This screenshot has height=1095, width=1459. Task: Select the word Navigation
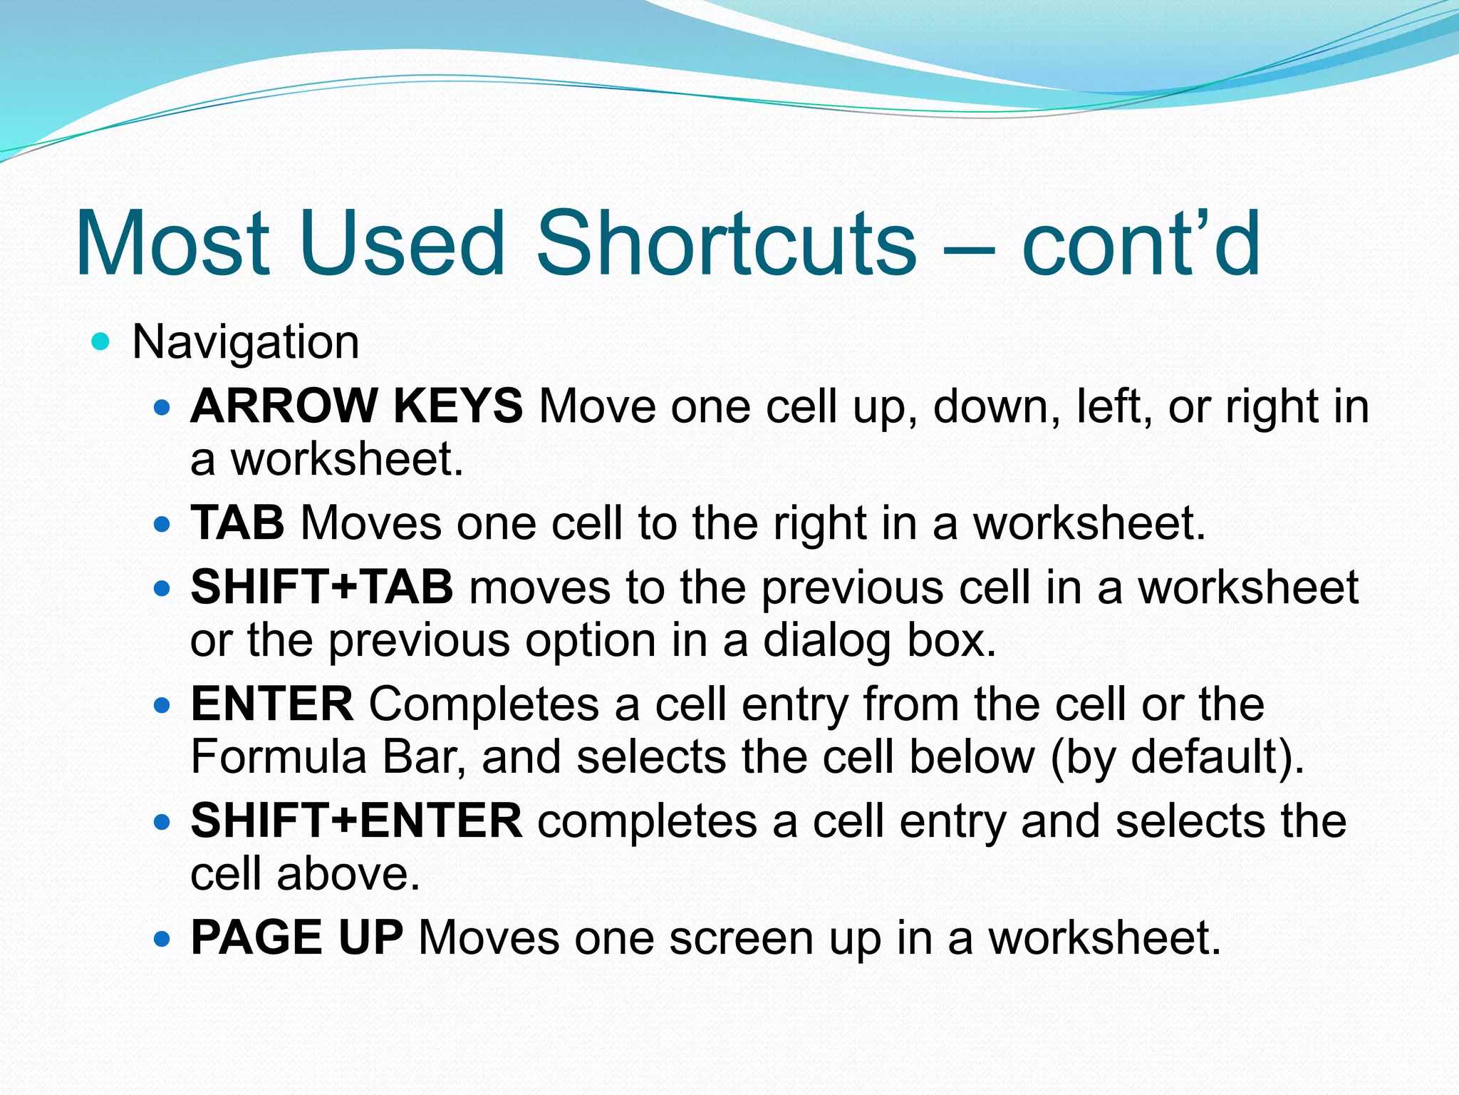246,343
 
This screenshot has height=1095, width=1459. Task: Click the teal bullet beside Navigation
101,342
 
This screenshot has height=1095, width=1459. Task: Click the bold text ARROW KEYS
356,406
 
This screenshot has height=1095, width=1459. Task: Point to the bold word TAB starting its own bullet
237,523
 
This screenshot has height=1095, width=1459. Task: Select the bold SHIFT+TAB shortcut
321,587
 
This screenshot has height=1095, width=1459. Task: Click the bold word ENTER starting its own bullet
271,704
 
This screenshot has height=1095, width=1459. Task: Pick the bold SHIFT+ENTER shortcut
356,821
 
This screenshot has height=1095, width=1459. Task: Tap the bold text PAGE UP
297,937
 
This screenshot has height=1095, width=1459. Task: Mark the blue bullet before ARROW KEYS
162,408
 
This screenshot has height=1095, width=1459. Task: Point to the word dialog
827,640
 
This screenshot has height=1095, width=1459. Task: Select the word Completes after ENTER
484,704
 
